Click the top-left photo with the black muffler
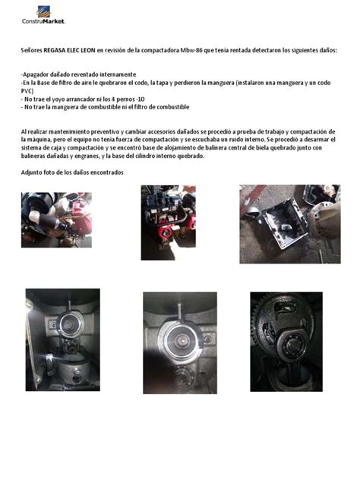56,219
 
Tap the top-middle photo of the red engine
168,223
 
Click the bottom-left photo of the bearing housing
62,337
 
